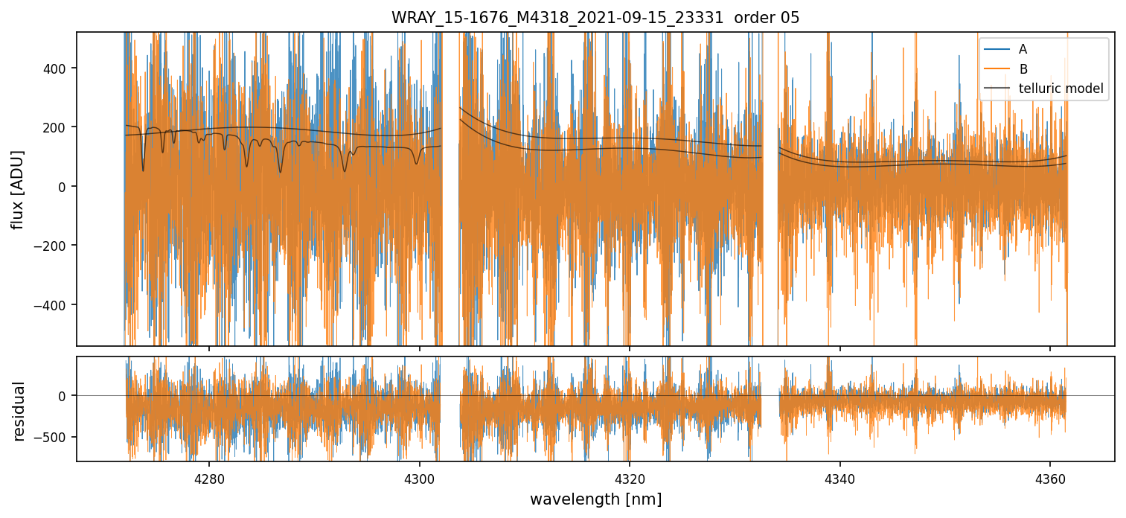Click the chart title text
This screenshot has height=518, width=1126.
[x=595, y=18]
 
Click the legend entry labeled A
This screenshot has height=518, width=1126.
[x=1023, y=49]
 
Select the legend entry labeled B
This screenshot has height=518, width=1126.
[x=1023, y=69]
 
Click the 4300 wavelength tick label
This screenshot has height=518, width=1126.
[x=419, y=475]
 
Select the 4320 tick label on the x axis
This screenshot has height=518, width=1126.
[x=630, y=475]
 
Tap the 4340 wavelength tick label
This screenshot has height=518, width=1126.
[x=840, y=475]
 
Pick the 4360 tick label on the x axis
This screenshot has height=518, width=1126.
[x=1050, y=475]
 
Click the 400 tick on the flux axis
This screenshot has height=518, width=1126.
[x=58, y=68]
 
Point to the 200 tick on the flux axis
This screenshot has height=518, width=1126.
[x=58, y=127]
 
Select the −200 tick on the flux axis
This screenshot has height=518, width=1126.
[x=54, y=246]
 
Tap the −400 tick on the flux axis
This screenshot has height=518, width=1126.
[x=54, y=305]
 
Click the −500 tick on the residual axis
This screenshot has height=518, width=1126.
[x=54, y=437]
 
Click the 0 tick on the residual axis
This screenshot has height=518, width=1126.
[x=64, y=395]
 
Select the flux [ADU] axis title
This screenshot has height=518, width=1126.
[x=18, y=189]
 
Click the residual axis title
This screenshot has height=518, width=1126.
[x=18, y=411]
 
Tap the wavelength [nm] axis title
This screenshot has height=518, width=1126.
[x=595, y=499]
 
